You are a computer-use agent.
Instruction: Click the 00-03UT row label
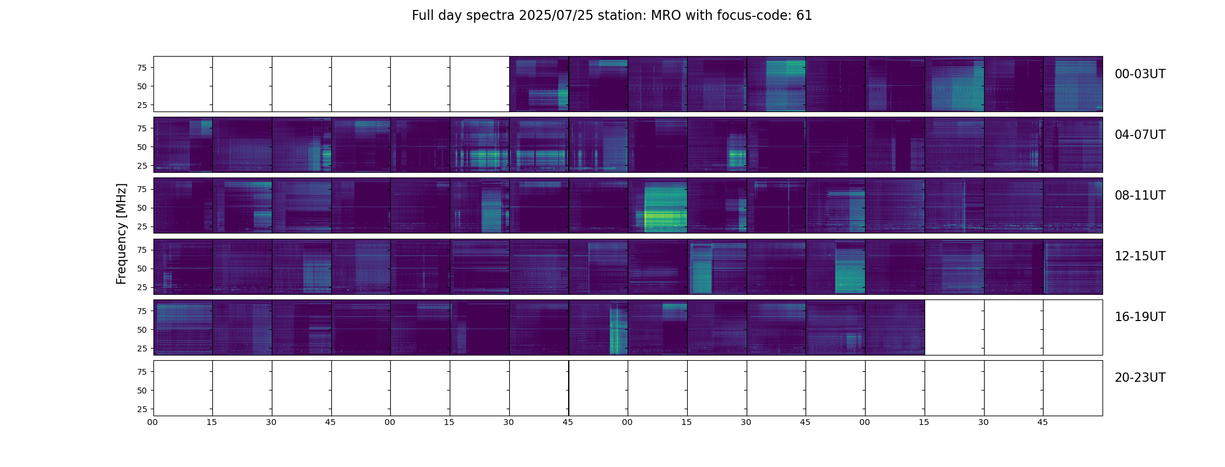click(1139, 74)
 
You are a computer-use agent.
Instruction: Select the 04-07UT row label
click(1139, 135)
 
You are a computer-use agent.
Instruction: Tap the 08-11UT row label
click(1139, 196)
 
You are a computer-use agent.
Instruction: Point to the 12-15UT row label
click(1139, 256)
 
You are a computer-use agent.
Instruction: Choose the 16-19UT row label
click(1139, 317)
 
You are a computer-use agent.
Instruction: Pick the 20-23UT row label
click(1139, 378)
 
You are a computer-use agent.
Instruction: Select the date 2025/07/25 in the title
click(555, 16)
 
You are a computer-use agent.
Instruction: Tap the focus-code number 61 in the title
click(804, 16)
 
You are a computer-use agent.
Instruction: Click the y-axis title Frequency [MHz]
click(121, 233)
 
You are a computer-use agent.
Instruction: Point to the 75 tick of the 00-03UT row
click(142, 68)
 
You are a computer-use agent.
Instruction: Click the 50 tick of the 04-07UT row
click(142, 147)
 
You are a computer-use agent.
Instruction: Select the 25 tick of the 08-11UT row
click(142, 226)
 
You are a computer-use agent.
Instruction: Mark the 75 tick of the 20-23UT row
click(142, 372)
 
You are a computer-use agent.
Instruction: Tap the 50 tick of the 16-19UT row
click(142, 330)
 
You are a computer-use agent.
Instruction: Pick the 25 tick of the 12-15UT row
click(142, 287)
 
